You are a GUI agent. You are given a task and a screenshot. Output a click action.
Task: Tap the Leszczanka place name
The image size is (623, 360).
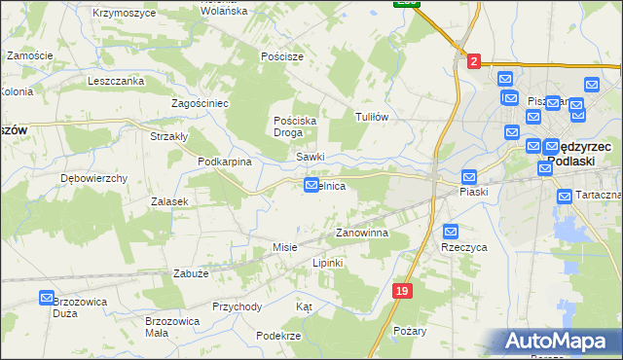(x=115, y=81)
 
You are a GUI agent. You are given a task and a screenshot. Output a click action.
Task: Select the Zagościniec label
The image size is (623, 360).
(x=200, y=102)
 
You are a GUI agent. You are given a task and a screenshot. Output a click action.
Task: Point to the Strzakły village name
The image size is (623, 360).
(x=168, y=136)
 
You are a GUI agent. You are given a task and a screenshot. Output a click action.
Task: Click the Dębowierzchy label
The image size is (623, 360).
(x=94, y=178)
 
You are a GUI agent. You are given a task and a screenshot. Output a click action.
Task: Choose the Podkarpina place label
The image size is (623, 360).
(x=225, y=162)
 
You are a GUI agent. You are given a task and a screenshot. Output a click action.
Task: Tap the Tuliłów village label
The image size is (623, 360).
(x=372, y=116)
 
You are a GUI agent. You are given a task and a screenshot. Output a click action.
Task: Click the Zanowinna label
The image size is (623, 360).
(x=362, y=234)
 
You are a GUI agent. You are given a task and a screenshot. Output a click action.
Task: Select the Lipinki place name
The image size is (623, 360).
(x=329, y=263)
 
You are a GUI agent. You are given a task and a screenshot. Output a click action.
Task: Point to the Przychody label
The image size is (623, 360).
(x=238, y=306)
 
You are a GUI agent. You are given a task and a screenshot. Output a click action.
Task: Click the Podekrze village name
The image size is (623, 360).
(x=277, y=334)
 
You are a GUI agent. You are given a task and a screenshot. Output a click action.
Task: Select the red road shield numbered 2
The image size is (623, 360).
(x=473, y=61)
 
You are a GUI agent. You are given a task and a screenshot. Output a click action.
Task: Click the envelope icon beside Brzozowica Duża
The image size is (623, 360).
(x=47, y=298)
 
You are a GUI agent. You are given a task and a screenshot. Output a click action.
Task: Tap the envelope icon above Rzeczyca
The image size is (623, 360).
(x=451, y=231)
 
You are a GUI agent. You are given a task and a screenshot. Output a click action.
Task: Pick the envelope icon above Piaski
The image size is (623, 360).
(x=468, y=177)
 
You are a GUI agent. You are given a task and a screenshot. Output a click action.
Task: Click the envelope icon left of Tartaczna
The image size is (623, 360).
(x=565, y=197)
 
